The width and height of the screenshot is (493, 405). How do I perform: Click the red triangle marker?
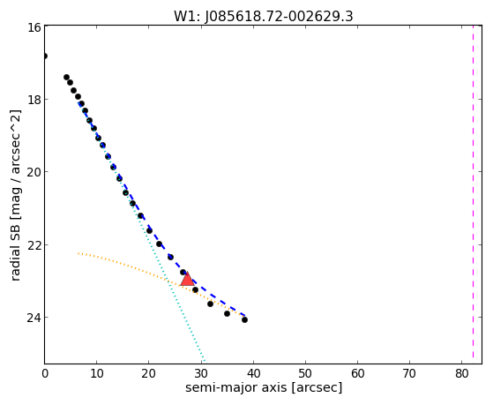(x=187, y=280)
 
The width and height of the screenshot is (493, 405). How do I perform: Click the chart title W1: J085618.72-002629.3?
(x=264, y=16)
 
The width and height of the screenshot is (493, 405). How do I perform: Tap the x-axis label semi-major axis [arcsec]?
(x=264, y=387)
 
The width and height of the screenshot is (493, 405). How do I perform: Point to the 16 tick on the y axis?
(x=34, y=27)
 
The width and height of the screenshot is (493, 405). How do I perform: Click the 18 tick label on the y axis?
(x=34, y=100)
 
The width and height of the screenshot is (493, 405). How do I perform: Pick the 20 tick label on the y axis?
(x=34, y=172)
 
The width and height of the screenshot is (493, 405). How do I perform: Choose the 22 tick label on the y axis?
(x=34, y=244)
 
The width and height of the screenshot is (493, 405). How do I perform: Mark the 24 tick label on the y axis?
(x=34, y=317)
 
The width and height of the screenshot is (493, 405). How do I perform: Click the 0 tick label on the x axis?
(x=45, y=373)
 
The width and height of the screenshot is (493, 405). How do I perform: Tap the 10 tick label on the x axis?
(x=97, y=373)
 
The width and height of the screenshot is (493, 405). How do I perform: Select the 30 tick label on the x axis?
(x=201, y=373)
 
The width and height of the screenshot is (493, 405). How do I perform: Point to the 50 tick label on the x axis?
(x=305, y=373)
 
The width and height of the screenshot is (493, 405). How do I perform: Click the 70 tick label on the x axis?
(x=409, y=373)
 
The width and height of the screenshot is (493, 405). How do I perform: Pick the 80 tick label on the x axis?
(x=461, y=373)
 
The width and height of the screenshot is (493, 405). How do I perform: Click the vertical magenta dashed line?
(x=473, y=194)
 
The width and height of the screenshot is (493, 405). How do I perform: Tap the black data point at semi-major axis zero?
(x=45, y=56)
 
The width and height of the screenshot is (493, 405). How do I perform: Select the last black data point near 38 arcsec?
(x=244, y=319)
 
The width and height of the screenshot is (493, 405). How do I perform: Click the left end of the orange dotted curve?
(x=78, y=253)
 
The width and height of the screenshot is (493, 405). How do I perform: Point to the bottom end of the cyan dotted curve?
(x=205, y=361)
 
